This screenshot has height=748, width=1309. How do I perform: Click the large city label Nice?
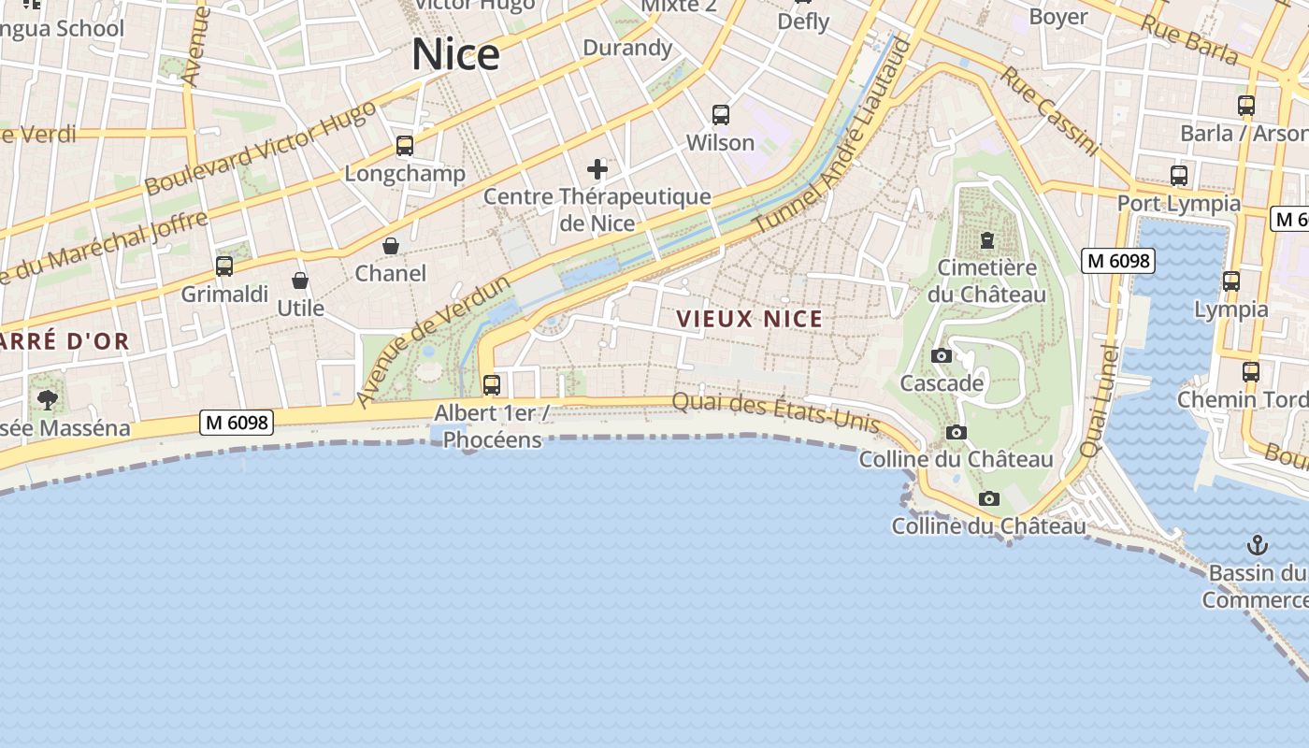tap(455, 54)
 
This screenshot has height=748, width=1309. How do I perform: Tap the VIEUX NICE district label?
tap(749, 319)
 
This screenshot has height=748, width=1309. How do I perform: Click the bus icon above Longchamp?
tap(405, 146)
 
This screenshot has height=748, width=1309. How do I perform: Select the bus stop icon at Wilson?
tap(720, 115)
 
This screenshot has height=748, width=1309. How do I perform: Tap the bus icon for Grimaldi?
tap(224, 266)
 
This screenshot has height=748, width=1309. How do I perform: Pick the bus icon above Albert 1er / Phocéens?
tap(492, 384)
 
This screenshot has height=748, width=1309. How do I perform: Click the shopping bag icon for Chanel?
tap(391, 246)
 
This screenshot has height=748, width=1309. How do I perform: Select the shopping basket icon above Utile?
tap(300, 280)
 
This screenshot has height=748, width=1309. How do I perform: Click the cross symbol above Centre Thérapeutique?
tap(597, 169)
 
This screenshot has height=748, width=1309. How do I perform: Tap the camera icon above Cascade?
tap(942, 355)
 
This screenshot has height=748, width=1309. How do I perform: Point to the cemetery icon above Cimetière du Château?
tap(986, 240)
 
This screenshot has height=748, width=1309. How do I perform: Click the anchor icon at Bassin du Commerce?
tap(1258, 544)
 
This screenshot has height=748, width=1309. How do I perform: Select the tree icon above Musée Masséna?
tap(47, 400)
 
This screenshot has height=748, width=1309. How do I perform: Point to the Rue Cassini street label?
tap(1049, 109)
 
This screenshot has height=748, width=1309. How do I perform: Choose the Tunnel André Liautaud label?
tap(832, 136)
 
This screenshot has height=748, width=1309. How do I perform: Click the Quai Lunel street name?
tap(1099, 401)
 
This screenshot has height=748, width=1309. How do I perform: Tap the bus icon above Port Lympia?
tap(1179, 175)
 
